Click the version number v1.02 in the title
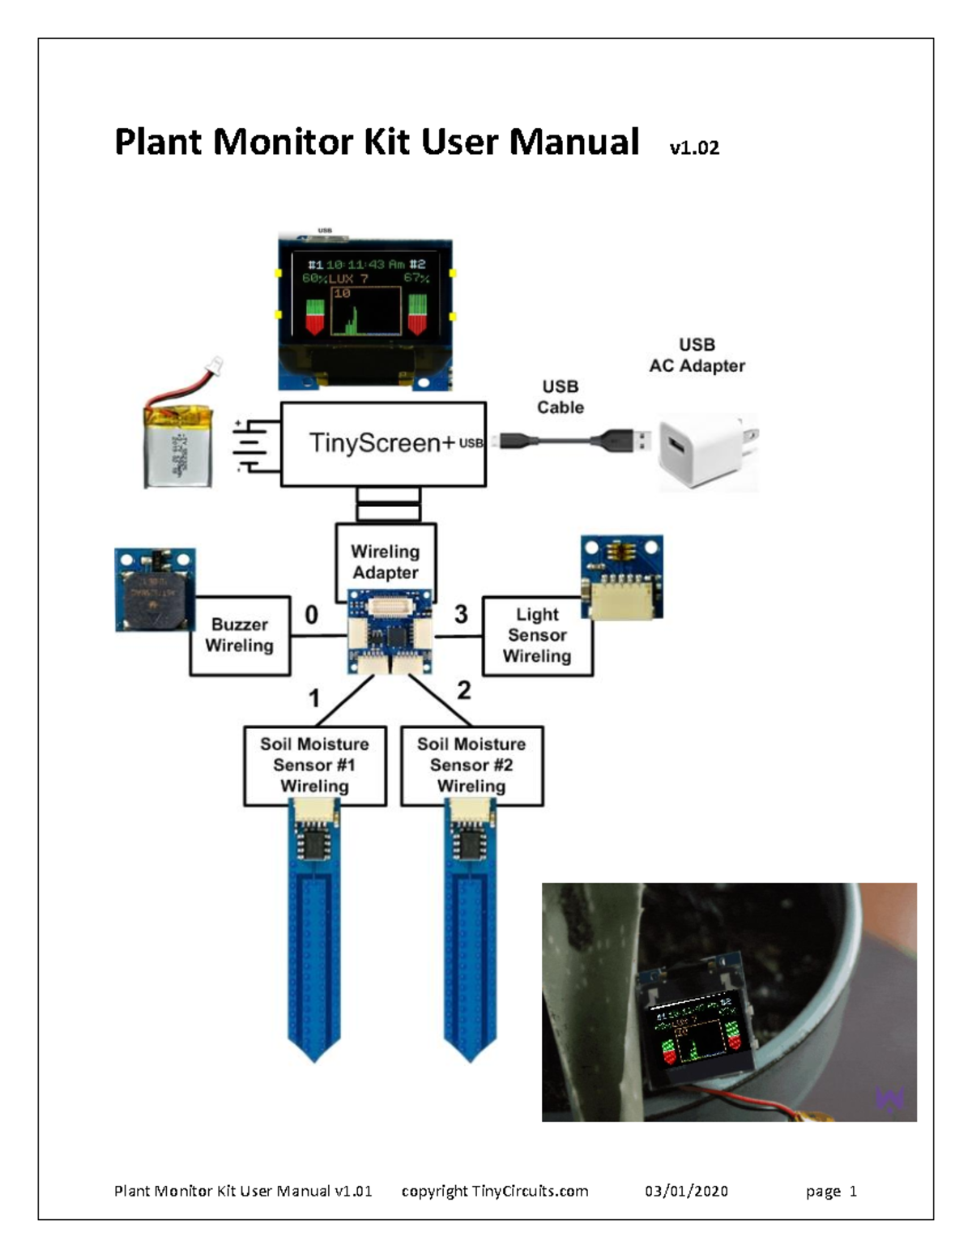click(694, 147)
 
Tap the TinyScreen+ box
click(382, 444)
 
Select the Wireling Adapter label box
click(386, 561)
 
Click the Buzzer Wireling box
click(240, 636)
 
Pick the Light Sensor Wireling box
click(537, 636)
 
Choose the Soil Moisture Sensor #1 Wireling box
click(314, 765)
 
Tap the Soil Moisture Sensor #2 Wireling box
click(471, 765)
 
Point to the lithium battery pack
click(179, 446)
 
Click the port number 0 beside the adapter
click(311, 616)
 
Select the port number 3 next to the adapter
click(461, 615)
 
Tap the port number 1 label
click(314, 698)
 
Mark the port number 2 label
click(463, 690)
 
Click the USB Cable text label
click(561, 397)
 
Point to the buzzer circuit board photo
click(155, 590)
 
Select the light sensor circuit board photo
click(622, 577)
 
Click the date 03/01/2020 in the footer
click(686, 1191)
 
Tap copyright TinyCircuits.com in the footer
click(495, 1191)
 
